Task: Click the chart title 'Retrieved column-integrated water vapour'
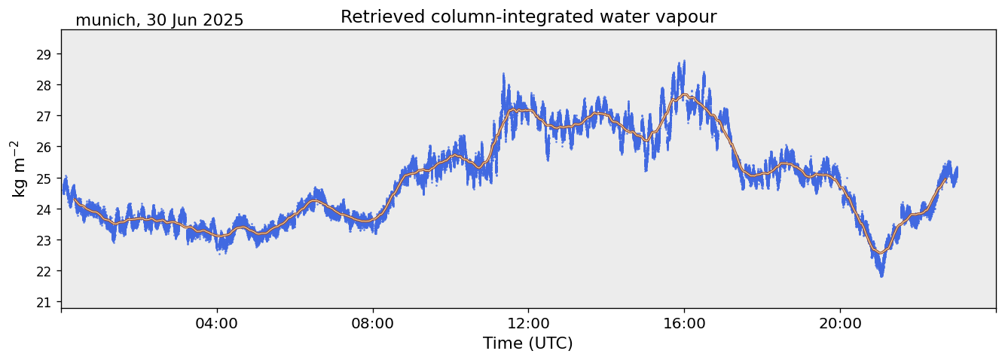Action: click(x=528, y=17)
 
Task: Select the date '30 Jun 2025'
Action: click(x=195, y=20)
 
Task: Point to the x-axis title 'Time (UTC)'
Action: click(x=528, y=343)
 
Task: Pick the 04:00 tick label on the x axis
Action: click(x=217, y=323)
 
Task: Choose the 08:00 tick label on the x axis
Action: click(x=373, y=323)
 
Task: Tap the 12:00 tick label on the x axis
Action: click(x=528, y=323)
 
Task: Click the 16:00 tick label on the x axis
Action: click(x=684, y=323)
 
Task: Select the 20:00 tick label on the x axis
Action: click(x=840, y=323)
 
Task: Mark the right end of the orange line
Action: click(x=947, y=178)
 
